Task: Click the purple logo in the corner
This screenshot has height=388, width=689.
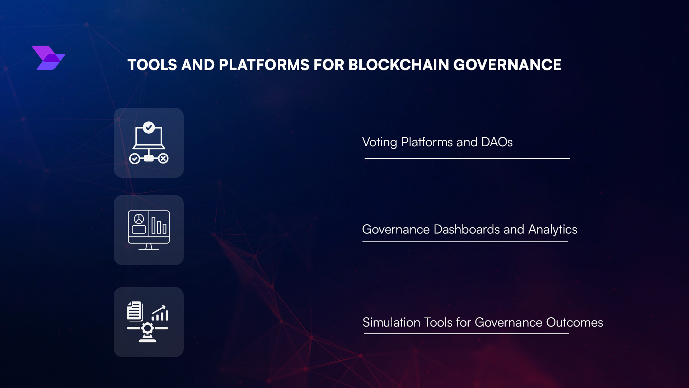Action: (48, 58)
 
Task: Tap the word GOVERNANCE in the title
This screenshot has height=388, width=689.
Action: (507, 65)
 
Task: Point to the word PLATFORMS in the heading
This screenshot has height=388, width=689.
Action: (264, 65)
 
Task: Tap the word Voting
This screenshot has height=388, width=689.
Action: (379, 142)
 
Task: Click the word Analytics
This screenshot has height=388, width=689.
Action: (553, 230)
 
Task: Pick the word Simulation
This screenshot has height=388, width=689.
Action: (391, 323)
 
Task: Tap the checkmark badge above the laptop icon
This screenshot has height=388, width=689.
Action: (149, 127)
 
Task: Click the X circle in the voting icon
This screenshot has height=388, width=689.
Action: (163, 158)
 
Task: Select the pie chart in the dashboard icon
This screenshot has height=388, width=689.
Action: (139, 219)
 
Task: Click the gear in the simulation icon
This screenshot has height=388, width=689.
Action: (147, 328)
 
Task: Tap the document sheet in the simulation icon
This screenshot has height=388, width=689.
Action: (135, 311)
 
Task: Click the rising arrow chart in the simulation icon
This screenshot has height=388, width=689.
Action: (160, 313)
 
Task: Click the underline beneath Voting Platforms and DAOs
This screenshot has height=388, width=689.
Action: (467, 158)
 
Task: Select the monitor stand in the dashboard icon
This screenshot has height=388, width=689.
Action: (149, 247)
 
